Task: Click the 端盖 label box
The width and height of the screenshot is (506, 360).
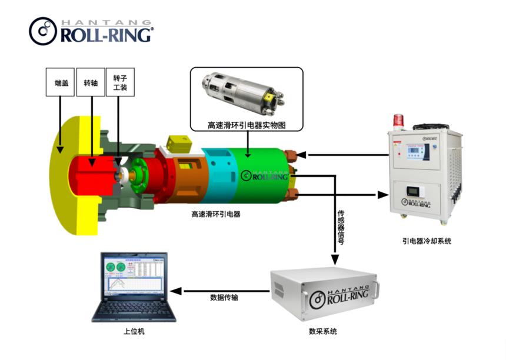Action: click(61, 82)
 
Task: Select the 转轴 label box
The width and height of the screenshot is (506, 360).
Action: click(91, 82)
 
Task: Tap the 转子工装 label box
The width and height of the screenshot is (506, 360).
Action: click(120, 82)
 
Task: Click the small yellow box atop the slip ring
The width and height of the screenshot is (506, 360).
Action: click(177, 143)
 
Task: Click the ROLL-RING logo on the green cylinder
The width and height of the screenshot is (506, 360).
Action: click(264, 175)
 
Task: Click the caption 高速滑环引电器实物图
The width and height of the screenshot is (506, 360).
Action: click(246, 125)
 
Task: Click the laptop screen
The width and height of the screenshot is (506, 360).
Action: click(133, 275)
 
